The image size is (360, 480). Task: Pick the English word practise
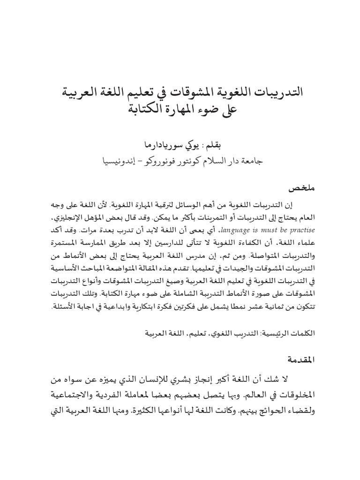(300, 230)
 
